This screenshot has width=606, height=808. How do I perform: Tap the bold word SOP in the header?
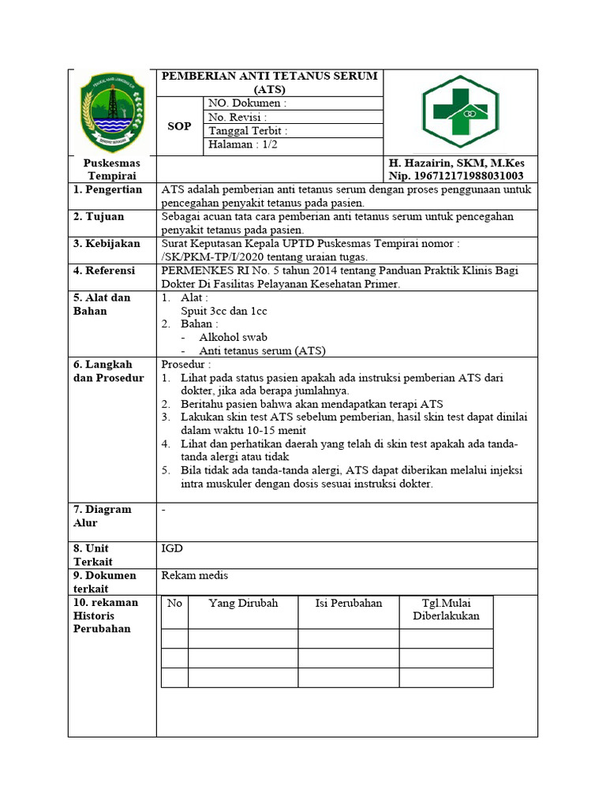point(179,125)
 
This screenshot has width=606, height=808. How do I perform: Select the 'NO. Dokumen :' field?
point(247,103)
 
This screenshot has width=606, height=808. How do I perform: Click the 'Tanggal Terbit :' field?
point(248,131)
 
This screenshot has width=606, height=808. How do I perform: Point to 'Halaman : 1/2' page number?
point(243,144)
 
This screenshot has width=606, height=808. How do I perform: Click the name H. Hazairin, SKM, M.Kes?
point(456,163)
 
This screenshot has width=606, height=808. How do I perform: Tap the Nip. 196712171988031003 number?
point(456,176)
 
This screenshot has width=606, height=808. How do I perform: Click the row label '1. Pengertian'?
point(108,189)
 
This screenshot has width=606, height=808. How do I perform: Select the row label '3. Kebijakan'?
point(107,244)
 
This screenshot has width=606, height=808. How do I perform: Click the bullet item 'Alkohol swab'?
point(233,337)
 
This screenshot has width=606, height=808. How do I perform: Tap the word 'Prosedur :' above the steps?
point(186,365)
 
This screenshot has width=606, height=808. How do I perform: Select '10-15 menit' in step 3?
point(276,430)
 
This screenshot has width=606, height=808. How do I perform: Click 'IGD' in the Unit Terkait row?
point(171,548)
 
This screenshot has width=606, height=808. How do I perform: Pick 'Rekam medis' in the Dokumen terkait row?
point(190,576)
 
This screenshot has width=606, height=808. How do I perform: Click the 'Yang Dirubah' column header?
point(243,604)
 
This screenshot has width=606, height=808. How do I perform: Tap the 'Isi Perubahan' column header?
point(349,604)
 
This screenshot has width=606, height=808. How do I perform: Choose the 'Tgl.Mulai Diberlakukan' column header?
point(446,610)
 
